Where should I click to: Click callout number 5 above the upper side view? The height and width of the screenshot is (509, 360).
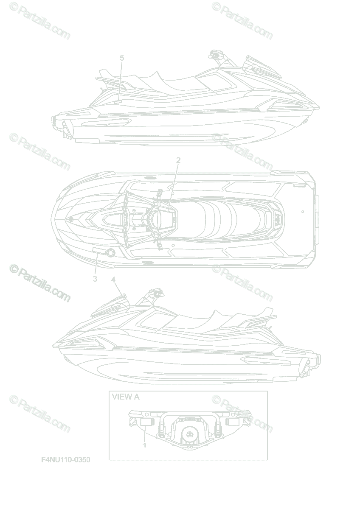click(122, 58)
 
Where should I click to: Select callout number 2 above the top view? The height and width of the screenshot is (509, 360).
click(178, 160)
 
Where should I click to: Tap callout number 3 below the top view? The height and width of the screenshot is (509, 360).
click(95, 279)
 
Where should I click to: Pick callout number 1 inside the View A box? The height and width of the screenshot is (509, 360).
click(145, 445)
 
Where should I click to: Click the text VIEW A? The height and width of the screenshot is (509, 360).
click(125, 397)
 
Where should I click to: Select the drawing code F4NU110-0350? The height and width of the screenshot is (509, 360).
click(66, 459)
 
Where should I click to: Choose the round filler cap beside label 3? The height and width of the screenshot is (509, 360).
click(111, 253)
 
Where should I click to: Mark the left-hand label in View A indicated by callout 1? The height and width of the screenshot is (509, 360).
click(145, 421)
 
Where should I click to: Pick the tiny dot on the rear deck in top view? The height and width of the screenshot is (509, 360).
click(301, 210)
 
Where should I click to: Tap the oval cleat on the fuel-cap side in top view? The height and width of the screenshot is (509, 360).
click(147, 263)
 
